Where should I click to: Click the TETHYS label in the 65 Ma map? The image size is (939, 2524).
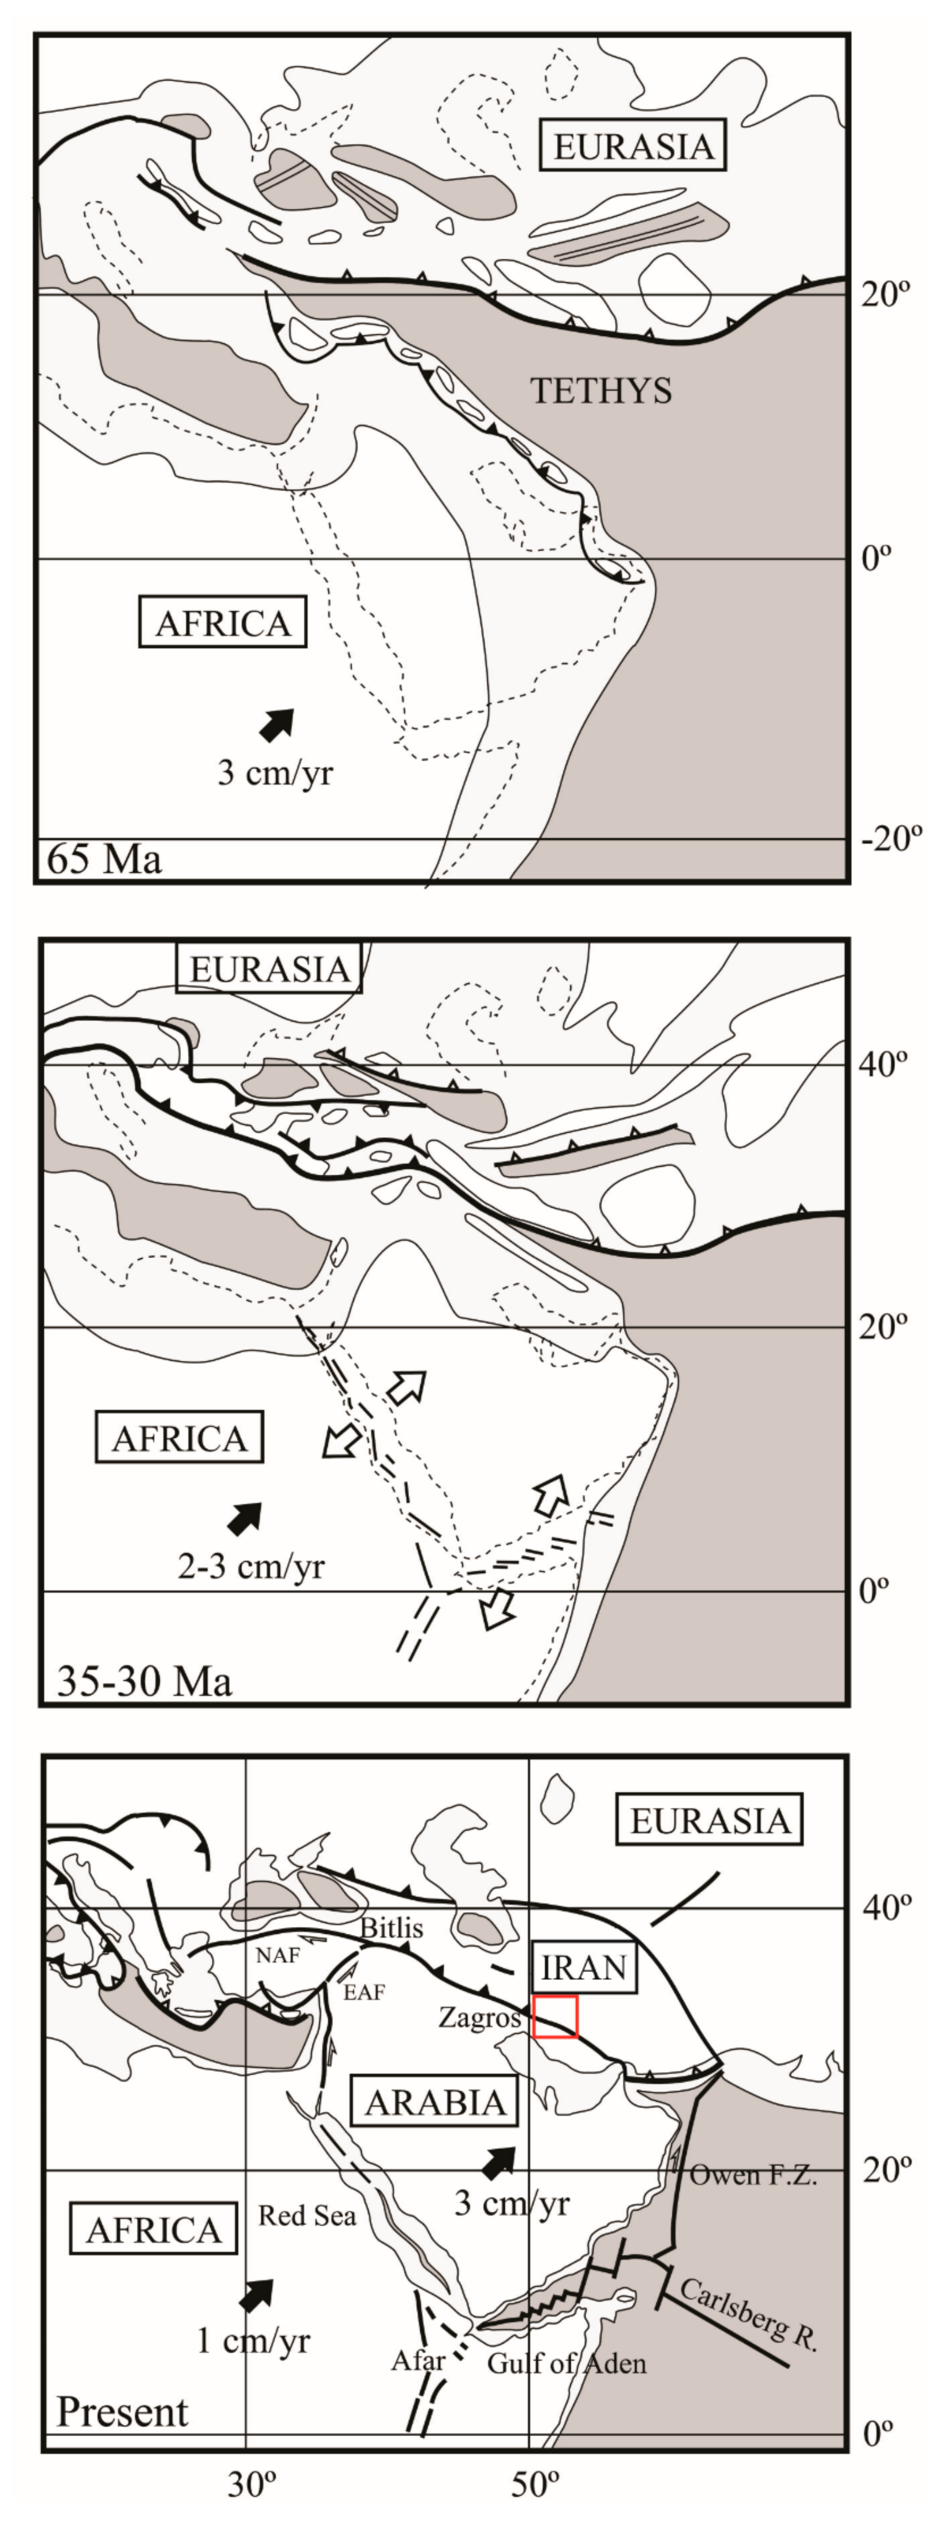[601, 391]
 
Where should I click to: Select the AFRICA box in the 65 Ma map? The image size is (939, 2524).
[223, 623]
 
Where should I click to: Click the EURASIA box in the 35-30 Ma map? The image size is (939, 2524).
[268, 969]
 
